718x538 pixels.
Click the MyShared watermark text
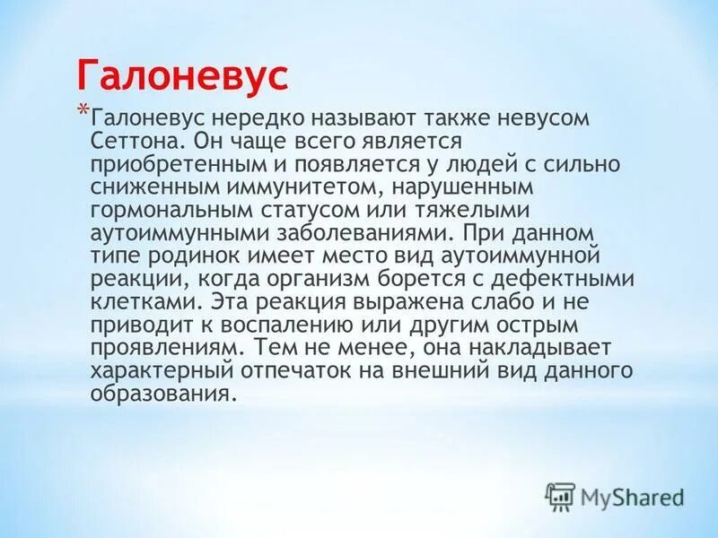(x=633, y=497)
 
